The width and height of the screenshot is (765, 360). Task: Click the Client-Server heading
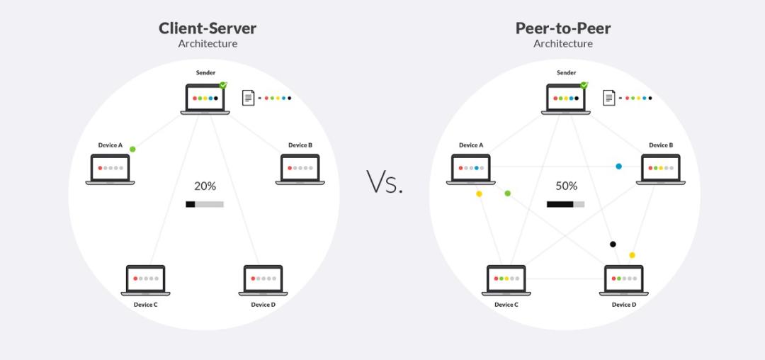(207, 28)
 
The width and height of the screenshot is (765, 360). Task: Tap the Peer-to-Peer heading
(562, 28)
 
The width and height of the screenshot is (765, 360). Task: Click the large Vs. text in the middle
(385, 182)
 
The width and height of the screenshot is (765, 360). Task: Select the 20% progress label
(205, 186)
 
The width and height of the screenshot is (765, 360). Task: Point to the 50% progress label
(566, 186)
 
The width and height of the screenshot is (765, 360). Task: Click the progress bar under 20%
(205, 204)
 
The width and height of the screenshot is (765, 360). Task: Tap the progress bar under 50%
(565, 204)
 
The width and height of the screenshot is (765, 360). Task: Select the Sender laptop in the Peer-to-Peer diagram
(566, 99)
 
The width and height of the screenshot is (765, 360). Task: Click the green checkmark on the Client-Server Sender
(223, 85)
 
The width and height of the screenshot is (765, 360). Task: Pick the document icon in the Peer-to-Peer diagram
(608, 98)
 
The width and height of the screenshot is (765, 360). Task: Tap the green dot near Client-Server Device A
(132, 149)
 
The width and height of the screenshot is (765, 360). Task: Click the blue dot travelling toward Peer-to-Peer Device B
(618, 167)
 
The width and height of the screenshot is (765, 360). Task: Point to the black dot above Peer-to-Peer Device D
(613, 244)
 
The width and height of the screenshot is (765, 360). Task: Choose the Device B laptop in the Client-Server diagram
(300, 169)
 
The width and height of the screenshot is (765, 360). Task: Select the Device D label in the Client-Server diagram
(263, 305)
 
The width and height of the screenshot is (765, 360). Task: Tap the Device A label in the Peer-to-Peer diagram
(471, 145)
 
